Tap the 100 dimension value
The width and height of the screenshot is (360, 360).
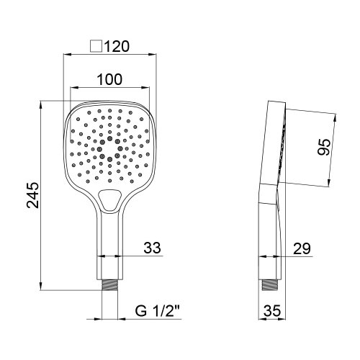coord(109,80)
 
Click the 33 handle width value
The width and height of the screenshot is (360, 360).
coord(152,248)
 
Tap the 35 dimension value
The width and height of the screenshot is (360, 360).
coord(271,312)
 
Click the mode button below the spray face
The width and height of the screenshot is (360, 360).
coord(110,201)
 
